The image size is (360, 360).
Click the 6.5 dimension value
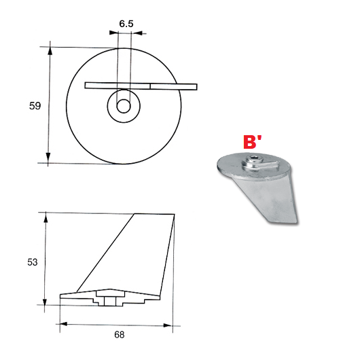(126, 24)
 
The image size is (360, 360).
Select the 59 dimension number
(35, 106)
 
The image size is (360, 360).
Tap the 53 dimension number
(33, 262)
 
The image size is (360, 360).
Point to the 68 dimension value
(120, 335)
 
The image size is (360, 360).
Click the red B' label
(252, 142)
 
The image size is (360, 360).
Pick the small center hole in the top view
(124, 106)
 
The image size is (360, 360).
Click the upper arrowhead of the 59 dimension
(50, 51)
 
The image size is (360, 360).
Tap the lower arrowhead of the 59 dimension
(48, 158)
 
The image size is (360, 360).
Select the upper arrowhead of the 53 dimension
(46, 217)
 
